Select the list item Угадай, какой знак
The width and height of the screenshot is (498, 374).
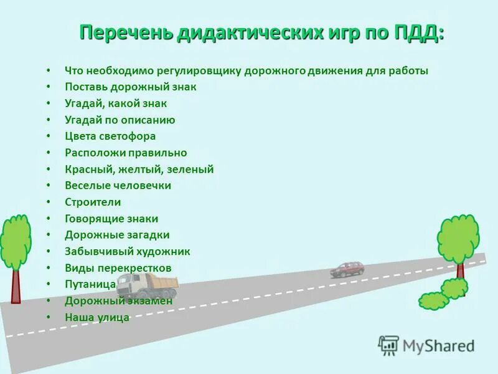(116, 103)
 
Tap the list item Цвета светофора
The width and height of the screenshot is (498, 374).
(110, 136)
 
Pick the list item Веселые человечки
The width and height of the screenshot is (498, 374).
(118, 185)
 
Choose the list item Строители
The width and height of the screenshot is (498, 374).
(93, 202)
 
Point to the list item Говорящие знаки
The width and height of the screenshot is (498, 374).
(111, 219)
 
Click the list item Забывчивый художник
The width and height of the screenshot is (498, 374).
(128, 252)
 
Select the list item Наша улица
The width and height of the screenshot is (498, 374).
(97, 317)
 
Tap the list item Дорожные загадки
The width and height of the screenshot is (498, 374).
(117, 235)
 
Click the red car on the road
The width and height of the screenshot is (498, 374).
(347, 269)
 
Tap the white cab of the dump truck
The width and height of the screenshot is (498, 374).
(129, 286)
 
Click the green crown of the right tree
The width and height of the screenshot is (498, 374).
(458, 238)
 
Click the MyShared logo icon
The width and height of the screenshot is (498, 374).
(389, 345)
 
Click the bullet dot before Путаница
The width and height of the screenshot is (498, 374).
(49, 285)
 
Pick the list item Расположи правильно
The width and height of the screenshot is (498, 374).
(126, 153)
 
